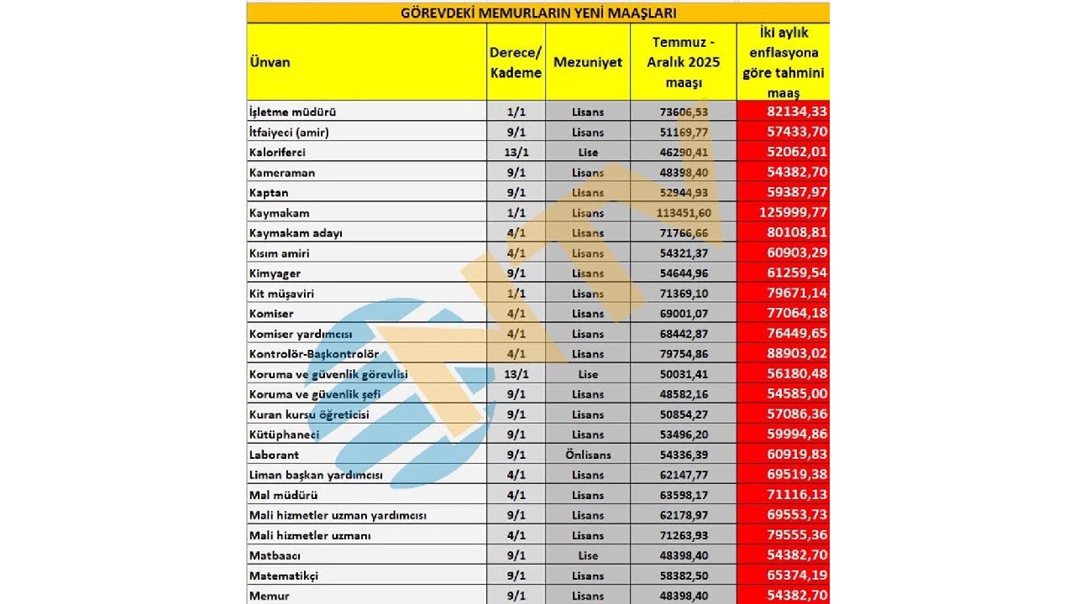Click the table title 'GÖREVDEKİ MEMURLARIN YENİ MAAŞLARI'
pyautogui.click(x=537, y=13)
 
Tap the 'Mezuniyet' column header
pyautogui.click(x=588, y=62)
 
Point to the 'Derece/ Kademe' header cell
pyautogui.click(x=516, y=62)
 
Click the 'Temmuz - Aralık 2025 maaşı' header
pyautogui.click(x=683, y=62)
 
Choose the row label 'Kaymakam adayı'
pyautogui.click(x=296, y=233)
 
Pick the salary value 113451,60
pyautogui.click(x=683, y=213)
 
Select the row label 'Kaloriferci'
pyautogui.click(x=277, y=153)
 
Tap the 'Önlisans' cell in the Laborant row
pyautogui.click(x=588, y=455)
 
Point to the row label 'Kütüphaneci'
pyautogui.click(x=284, y=435)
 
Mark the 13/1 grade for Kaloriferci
pyautogui.click(x=516, y=153)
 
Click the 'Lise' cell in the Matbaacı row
pyautogui.click(x=588, y=555)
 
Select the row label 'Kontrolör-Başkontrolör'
pyautogui.click(x=314, y=354)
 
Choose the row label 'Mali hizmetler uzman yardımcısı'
pyautogui.click(x=338, y=515)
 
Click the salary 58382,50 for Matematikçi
pyautogui.click(x=683, y=575)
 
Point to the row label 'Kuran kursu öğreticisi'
pyautogui.click(x=308, y=414)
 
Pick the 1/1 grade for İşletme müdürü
pyautogui.click(x=516, y=112)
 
